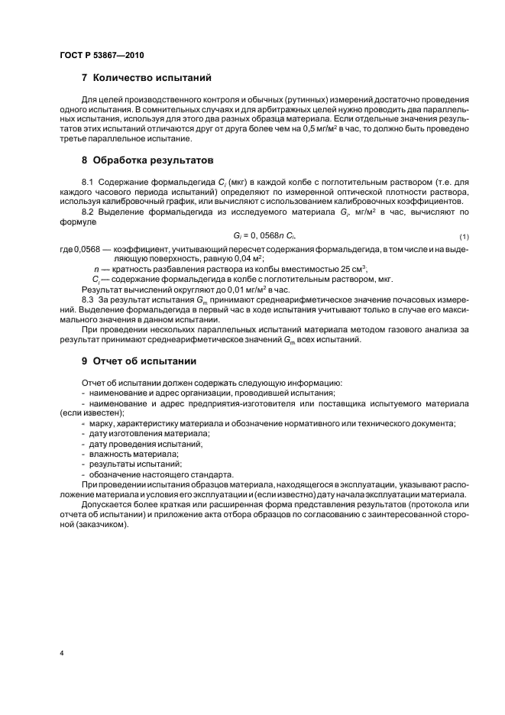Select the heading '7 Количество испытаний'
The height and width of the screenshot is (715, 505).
[146, 78]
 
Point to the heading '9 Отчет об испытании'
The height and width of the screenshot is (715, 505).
[139, 361]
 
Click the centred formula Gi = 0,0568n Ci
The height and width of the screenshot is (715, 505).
[253, 238]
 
